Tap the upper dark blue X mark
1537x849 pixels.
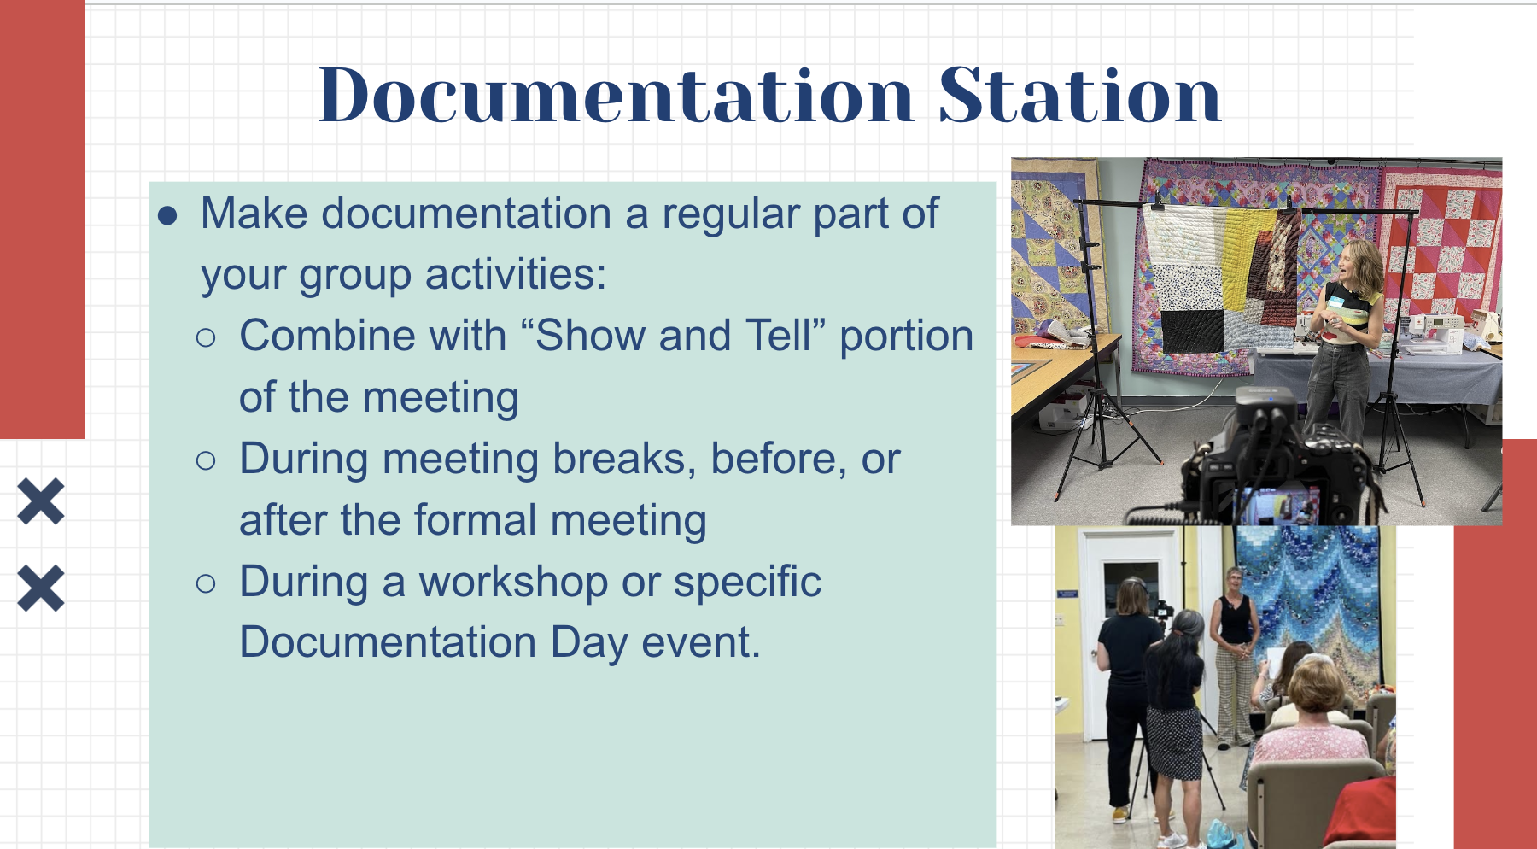41,501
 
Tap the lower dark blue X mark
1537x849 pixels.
41,588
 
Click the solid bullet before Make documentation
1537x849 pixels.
167,215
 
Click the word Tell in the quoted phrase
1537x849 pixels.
777,336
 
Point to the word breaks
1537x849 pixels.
619,459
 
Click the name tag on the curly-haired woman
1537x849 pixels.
1335,302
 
